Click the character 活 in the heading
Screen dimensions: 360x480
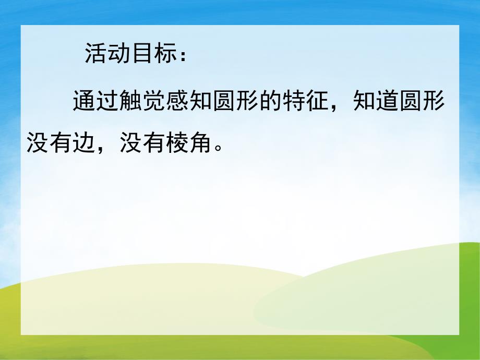coord(95,54)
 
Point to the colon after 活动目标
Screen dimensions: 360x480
coord(181,56)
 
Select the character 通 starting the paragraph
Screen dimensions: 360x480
coord(84,102)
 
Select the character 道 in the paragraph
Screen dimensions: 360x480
coord(387,102)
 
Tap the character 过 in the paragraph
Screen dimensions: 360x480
coord(107,102)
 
